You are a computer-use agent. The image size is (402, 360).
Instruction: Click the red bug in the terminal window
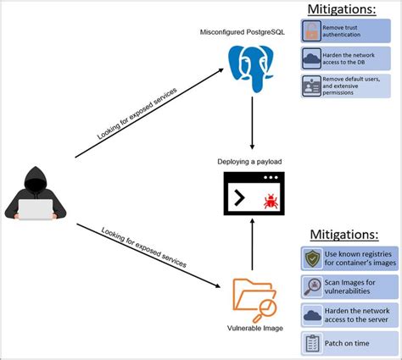tap(269, 202)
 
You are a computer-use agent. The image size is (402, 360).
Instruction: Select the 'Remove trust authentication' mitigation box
tap(346, 31)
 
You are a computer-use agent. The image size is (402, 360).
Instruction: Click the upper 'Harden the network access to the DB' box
tap(346, 58)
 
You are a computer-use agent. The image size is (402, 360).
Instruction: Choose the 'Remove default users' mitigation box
tap(346, 86)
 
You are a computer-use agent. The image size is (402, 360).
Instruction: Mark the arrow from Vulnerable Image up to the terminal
tap(253, 246)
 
